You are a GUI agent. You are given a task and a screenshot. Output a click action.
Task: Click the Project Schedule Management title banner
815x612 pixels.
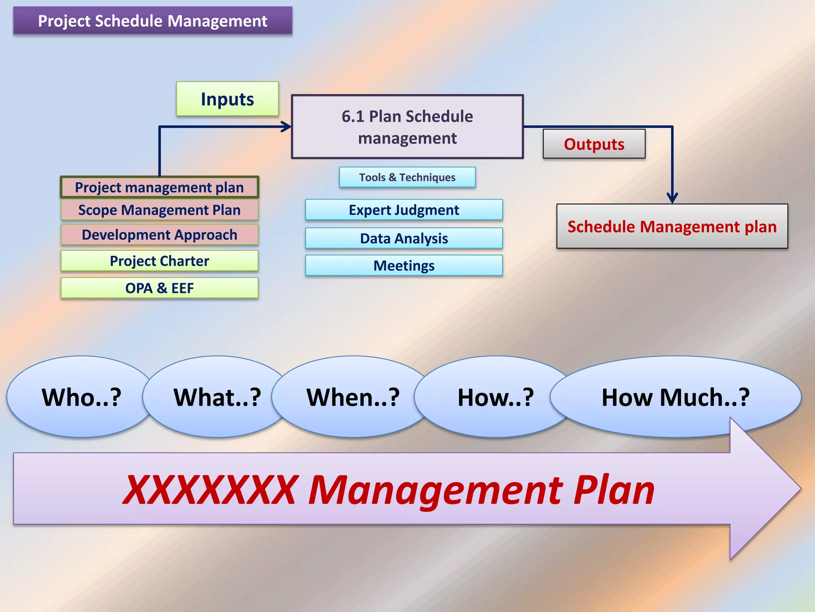coord(153,21)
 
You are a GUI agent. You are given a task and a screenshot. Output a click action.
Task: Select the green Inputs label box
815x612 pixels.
coord(227,99)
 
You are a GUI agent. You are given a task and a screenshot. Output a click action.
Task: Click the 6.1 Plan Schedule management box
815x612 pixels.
coord(407,127)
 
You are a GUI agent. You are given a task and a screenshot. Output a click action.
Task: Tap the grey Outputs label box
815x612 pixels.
coord(594,144)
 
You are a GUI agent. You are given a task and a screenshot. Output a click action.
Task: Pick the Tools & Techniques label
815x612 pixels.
coord(407,177)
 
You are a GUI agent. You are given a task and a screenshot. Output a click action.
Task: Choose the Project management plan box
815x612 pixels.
coord(159,187)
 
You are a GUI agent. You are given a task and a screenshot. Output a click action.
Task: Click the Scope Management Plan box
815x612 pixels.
coord(159,210)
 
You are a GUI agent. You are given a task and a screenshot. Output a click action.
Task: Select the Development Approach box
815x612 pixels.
coord(159,235)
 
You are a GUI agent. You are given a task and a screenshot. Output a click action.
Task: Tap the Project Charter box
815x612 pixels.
coord(159,261)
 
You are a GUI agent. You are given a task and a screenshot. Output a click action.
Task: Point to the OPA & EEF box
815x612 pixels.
coord(159,288)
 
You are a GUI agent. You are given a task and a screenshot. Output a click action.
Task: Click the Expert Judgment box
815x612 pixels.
coord(404,210)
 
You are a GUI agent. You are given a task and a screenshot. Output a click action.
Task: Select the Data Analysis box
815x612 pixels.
coord(404,238)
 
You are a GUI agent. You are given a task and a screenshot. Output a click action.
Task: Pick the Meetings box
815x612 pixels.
coord(404,265)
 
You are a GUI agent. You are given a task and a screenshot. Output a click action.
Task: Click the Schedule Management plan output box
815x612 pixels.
coord(672,226)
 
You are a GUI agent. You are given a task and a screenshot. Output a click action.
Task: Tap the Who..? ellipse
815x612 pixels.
coord(81,397)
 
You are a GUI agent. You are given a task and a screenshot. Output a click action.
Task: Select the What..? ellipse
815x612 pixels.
coord(217,397)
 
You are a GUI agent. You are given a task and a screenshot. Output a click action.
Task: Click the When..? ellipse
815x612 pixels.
coord(353,397)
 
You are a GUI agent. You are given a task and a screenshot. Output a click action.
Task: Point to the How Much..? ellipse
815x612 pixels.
coord(675,397)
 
